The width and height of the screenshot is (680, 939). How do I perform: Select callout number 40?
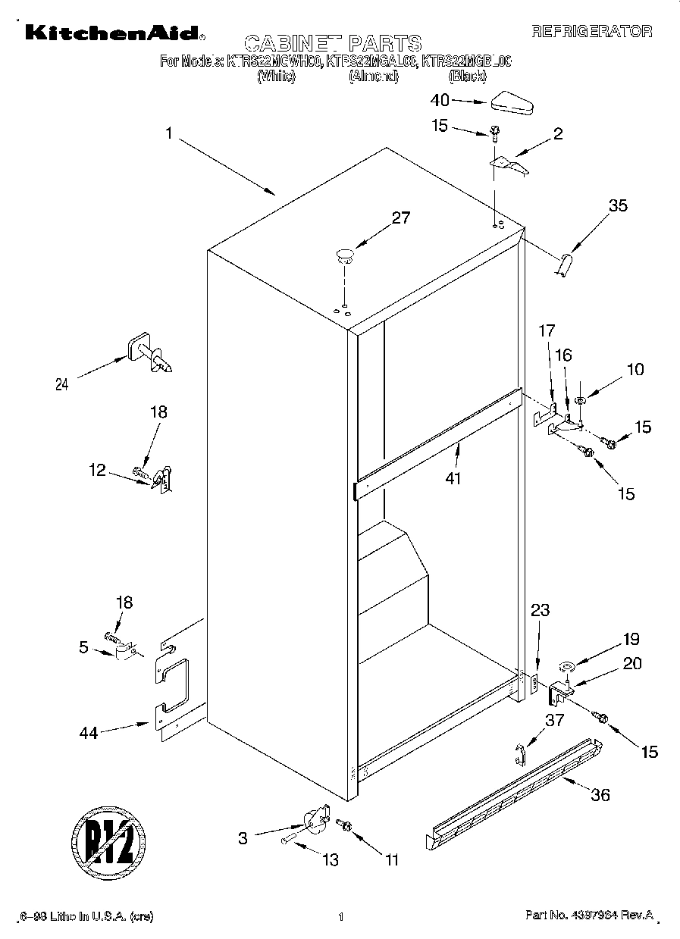440,100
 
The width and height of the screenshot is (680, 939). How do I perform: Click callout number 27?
400,218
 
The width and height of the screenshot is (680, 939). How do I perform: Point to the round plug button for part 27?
346,254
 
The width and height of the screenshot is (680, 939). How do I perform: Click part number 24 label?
61,384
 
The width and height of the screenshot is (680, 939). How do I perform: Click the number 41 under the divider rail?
453,478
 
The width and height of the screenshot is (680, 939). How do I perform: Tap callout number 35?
618,205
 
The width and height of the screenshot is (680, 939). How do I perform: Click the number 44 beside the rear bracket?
89,733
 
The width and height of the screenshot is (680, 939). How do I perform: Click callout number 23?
540,609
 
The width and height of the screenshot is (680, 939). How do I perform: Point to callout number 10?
635,369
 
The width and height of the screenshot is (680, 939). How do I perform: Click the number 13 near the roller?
330,860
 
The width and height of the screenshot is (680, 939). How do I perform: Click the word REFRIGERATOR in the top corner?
591,32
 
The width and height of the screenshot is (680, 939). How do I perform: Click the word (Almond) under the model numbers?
373,77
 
